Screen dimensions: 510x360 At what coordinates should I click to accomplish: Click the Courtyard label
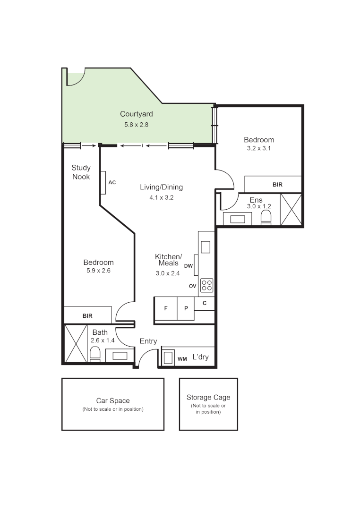(136, 114)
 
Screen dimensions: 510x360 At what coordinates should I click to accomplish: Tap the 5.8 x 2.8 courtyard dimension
(136, 125)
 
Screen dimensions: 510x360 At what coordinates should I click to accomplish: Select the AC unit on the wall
(103, 182)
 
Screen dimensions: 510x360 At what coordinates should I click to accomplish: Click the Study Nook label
(81, 172)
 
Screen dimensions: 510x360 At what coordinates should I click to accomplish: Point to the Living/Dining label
(161, 187)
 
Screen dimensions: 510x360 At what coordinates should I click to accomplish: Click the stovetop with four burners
(206, 285)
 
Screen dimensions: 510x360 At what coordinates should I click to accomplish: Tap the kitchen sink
(206, 247)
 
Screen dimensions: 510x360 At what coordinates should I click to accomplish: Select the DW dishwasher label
(189, 266)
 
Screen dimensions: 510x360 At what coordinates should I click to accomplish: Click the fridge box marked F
(165, 308)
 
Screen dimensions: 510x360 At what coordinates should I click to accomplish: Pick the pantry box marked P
(186, 308)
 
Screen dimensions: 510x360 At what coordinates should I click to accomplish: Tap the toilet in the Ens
(266, 217)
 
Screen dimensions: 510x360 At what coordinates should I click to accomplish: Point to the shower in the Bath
(76, 343)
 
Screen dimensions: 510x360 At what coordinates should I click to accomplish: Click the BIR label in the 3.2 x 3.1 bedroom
(277, 185)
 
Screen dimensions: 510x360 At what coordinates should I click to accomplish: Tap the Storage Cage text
(208, 398)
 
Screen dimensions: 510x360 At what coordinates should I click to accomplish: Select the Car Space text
(113, 400)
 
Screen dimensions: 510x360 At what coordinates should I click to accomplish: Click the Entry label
(148, 341)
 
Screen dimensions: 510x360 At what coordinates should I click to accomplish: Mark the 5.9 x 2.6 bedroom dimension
(98, 271)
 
